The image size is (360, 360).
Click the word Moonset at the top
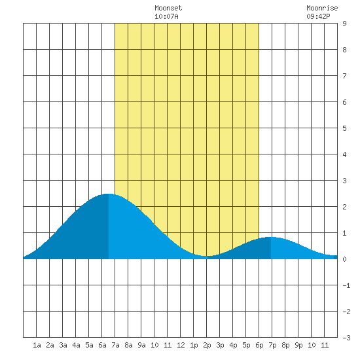point(168,8)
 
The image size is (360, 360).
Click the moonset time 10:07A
point(166,16)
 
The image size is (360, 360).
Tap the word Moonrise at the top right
point(322,8)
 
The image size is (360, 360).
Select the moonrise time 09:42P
point(318,16)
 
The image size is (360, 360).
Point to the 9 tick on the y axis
point(344,24)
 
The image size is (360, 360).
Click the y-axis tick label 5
point(344,128)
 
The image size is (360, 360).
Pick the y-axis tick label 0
point(344,259)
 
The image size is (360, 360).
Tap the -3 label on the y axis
point(346,338)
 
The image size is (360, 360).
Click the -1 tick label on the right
point(346,285)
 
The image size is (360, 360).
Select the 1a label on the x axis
point(37,345)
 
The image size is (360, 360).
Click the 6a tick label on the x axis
point(102,345)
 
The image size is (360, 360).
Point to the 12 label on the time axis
point(181,345)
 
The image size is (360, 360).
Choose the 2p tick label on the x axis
point(207,345)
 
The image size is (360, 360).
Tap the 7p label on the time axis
point(272,345)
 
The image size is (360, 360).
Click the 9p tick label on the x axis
point(298,345)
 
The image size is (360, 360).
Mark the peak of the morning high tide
point(109,194)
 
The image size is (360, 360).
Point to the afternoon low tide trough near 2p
point(207,256)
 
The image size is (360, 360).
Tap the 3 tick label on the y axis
point(344,181)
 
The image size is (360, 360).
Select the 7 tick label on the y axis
point(344,76)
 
